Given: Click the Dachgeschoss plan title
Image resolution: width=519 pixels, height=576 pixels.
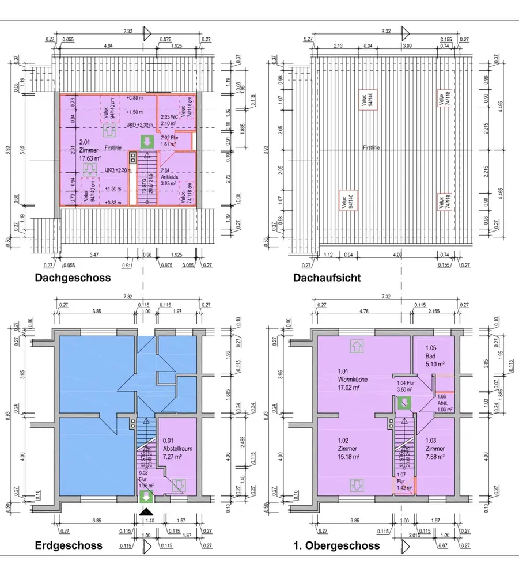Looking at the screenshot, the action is (73, 278).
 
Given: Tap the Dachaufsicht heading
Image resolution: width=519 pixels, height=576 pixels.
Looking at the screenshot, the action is (327, 278).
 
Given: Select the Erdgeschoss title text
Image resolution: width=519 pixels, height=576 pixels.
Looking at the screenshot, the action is (69, 545).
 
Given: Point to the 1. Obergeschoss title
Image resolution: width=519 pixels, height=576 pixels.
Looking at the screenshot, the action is (336, 545).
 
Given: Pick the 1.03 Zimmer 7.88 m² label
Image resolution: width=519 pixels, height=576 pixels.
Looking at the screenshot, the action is (435, 449).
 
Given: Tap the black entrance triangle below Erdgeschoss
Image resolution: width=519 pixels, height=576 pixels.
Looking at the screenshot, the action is (147, 511).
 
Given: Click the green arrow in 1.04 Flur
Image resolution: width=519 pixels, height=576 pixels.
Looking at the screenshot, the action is (405, 403).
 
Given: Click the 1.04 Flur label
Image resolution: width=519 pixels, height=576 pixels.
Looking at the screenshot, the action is (406, 385).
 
